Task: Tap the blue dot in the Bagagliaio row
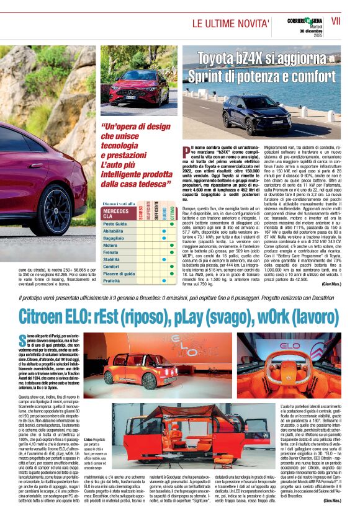coord(163,238)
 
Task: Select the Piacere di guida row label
coord(119,273)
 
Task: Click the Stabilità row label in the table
coord(112,259)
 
